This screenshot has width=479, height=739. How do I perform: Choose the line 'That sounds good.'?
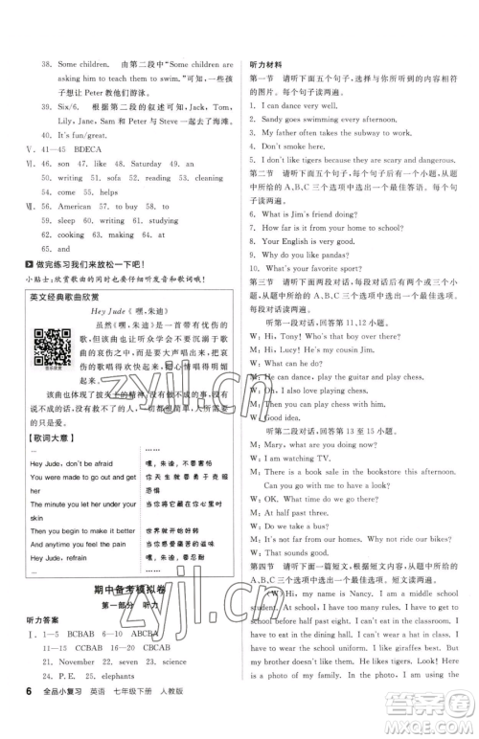tap(296, 553)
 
